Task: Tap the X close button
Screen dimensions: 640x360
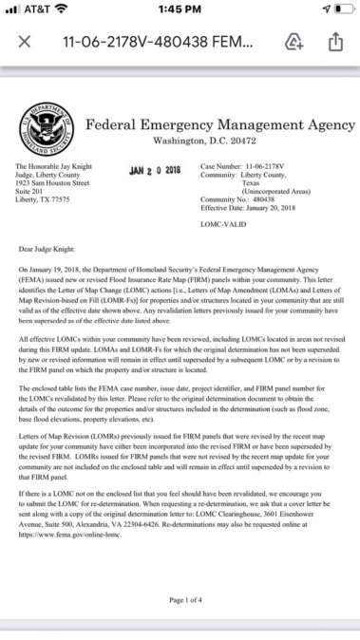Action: (26, 43)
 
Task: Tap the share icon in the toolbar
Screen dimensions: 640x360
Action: (334, 43)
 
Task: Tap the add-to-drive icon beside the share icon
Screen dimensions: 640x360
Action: (294, 43)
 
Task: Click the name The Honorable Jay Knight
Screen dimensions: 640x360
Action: (51, 166)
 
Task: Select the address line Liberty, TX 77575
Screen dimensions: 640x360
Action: (44, 199)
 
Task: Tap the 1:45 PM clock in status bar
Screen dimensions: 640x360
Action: (180, 9)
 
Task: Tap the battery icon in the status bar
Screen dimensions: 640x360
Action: (338, 9)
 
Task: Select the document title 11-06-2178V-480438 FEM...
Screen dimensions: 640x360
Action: (157, 43)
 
